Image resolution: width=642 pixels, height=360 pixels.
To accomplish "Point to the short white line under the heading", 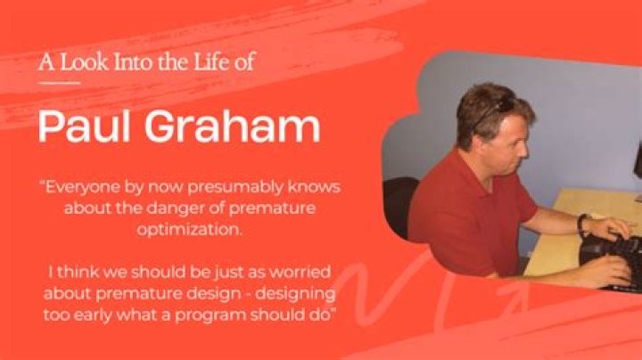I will coord(59,83).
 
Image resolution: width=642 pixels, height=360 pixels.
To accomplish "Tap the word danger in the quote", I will coord(171,209).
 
